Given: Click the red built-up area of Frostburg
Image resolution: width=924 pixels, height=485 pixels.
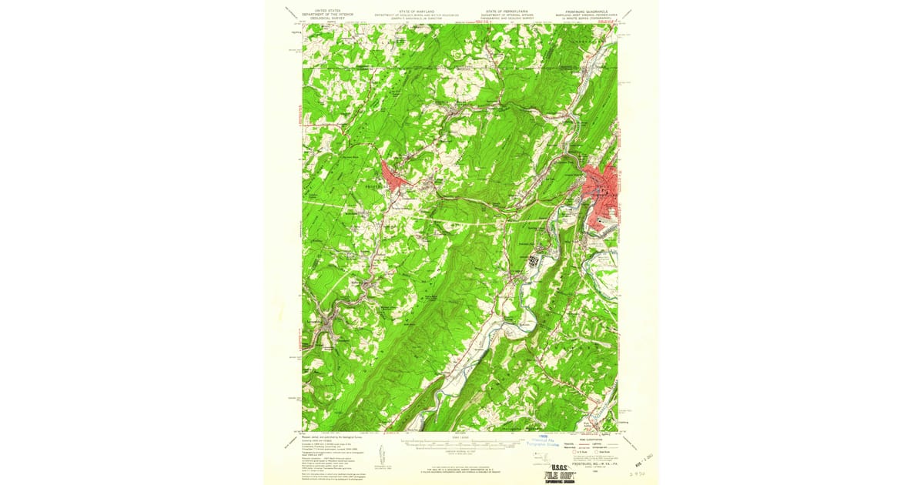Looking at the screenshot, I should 400,181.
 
